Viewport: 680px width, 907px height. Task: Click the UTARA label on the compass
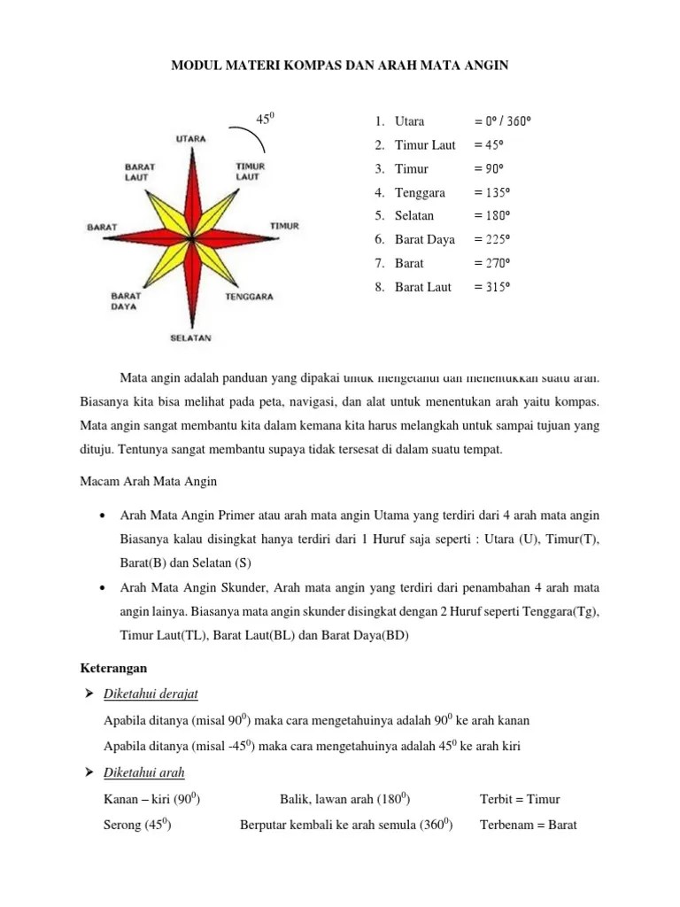pos(191,138)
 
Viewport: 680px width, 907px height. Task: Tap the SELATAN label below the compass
pos(191,337)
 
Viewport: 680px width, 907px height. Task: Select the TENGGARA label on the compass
pos(250,297)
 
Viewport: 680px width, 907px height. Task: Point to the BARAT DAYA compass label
pos(125,301)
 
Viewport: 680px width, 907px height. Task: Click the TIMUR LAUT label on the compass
pos(249,171)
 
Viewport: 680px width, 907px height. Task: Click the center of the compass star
pos(191,239)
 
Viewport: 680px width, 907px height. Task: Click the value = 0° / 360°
pos(507,121)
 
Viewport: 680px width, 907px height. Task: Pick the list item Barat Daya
pos(424,239)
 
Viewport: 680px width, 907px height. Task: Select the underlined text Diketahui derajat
pos(157,693)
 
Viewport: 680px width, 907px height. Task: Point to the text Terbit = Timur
pos(520,799)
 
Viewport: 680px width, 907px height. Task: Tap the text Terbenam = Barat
pos(528,826)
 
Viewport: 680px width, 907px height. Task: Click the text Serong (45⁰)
pos(137,826)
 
